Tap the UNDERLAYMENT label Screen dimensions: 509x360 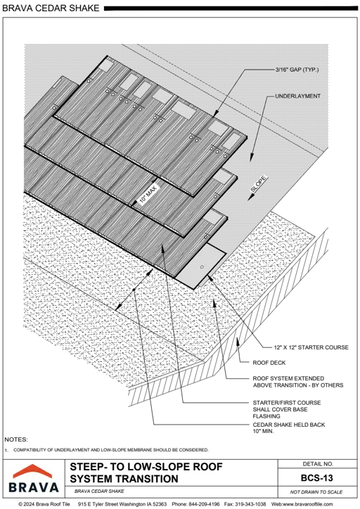(x=298, y=96)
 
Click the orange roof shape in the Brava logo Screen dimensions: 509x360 (x=34, y=471)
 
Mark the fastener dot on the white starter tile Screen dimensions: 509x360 (x=201, y=268)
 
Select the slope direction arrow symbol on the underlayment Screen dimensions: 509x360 (x=257, y=183)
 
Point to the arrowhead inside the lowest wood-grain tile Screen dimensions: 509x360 (x=162, y=245)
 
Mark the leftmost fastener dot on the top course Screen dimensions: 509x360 (x=108, y=91)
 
